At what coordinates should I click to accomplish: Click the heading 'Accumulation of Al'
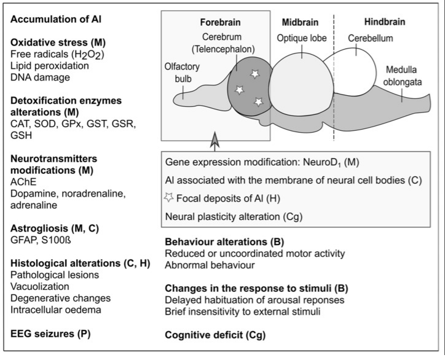click(56, 19)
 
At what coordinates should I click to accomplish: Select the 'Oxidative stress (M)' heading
click(58, 42)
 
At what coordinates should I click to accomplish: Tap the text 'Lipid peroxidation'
click(50, 66)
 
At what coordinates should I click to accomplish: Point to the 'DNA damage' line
click(40, 77)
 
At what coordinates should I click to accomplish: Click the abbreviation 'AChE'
click(23, 182)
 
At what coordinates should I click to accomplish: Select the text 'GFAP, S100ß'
click(41, 240)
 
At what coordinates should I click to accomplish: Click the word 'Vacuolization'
click(40, 286)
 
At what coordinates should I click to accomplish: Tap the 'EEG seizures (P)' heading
click(50, 334)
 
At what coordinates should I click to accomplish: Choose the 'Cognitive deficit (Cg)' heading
click(215, 335)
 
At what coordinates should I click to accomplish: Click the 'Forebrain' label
click(220, 22)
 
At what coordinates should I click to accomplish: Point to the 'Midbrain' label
click(300, 22)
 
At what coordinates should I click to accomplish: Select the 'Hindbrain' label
click(385, 22)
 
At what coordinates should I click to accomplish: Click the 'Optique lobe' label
click(302, 38)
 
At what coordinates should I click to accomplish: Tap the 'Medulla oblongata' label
click(402, 76)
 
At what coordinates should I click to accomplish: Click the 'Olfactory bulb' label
click(182, 73)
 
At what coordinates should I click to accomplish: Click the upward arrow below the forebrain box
click(215, 141)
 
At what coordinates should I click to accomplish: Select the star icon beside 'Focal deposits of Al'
click(169, 197)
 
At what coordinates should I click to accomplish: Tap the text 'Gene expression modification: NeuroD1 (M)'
click(262, 162)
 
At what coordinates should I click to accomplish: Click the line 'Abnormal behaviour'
click(210, 265)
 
